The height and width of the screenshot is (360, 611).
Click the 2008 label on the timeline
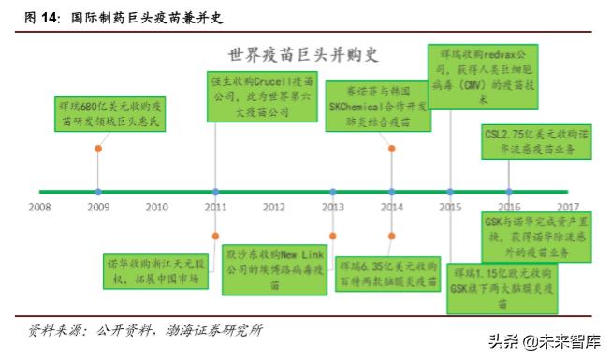(x=39, y=207)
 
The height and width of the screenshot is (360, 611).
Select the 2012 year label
(x=273, y=207)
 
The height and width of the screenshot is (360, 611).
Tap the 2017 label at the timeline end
(x=567, y=207)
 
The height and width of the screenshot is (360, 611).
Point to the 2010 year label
(x=156, y=207)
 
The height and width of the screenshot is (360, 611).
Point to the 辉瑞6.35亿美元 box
(x=386, y=271)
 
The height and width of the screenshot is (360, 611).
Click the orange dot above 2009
(x=98, y=149)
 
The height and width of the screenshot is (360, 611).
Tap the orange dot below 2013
(x=332, y=236)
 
